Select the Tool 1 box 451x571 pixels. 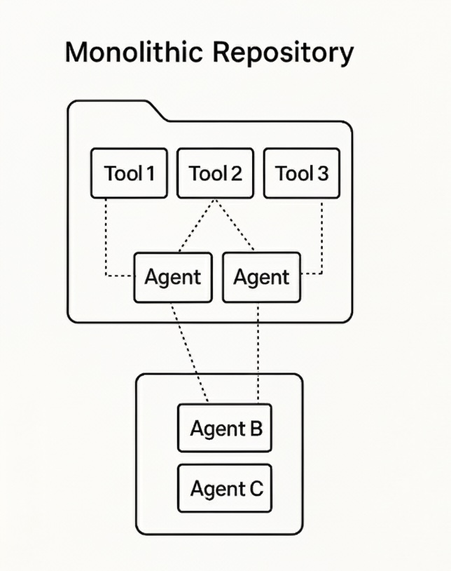[130, 173]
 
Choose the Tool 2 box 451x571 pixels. [215, 173]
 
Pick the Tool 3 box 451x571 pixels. [301, 173]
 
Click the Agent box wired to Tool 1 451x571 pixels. [172, 277]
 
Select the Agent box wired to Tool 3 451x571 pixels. [261, 277]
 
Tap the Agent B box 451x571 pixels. [224, 428]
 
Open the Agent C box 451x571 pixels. [224, 488]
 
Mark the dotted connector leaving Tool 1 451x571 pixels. [106, 239]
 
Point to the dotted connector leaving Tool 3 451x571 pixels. [322, 239]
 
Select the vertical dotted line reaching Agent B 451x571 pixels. [260, 351]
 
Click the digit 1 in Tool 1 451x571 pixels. [149, 173]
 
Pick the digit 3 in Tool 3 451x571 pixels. [321, 173]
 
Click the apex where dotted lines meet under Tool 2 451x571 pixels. [216, 201]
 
